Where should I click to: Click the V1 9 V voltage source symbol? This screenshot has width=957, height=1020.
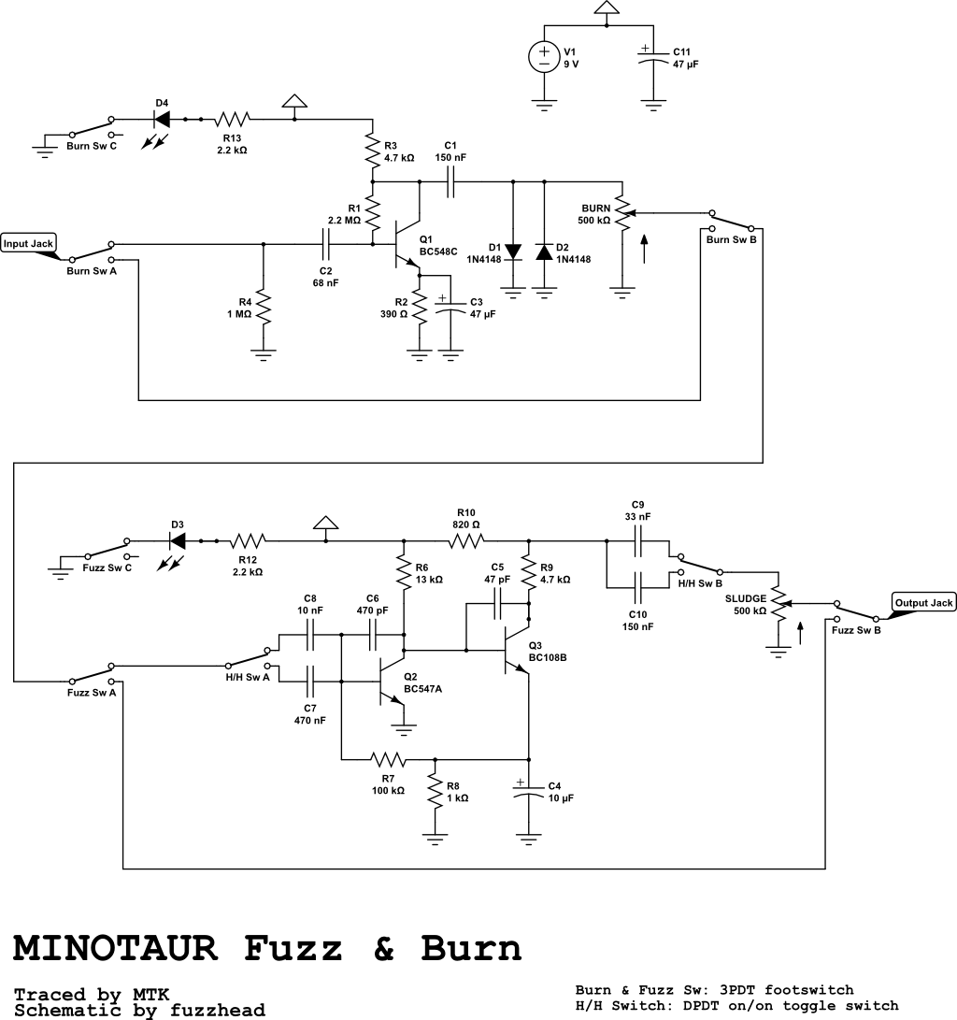pyautogui.click(x=543, y=58)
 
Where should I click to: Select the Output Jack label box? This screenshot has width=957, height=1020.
pyautogui.click(x=923, y=603)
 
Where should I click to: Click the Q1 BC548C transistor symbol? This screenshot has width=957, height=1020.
pyautogui.click(x=404, y=245)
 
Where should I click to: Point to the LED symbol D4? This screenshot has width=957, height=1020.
pyautogui.click(x=162, y=120)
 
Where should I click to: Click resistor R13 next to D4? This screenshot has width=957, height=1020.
pyautogui.click(x=233, y=120)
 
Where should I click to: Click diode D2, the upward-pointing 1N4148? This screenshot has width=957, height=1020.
pyautogui.click(x=544, y=252)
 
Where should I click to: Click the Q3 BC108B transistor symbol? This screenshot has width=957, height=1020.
pyautogui.click(x=512, y=650)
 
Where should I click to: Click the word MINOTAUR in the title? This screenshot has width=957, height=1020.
pyautogui.click(x=116, y=948)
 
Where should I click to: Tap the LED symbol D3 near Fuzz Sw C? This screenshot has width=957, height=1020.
pyautogui.click(x=176, y=540)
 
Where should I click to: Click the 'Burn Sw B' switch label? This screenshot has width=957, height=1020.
pyautogui.click(x=731, y=240)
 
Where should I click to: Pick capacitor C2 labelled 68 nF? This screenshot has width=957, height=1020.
pyautogui.click(x=325, y=245)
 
